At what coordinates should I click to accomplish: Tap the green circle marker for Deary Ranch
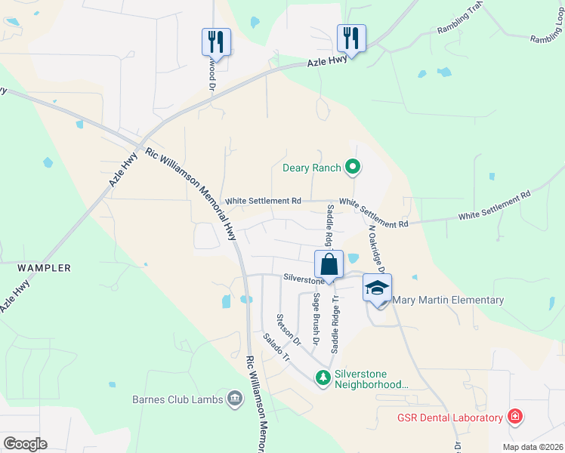[x=352, y=168]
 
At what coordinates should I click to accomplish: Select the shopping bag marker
[x=329, y=265]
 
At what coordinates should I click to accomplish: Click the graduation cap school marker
[x=377, y=288]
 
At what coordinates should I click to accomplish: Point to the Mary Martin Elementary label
[x=449, y=300]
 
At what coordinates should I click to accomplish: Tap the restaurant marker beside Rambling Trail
[x=351, y=37]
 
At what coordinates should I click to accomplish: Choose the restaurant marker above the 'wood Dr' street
[x=216, y=42]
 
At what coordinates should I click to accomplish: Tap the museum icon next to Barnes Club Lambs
[x=235, y=399]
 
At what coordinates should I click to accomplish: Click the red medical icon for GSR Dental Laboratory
[x=514, y=418]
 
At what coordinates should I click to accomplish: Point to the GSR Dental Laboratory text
[x=450, y=418]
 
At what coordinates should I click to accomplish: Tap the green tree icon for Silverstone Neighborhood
[x=323, y=377]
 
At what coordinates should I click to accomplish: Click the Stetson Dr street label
[x=289, y=330]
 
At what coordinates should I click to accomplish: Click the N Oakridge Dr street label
[x=376, y=248]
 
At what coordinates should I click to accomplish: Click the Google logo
[x=25, y=444]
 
